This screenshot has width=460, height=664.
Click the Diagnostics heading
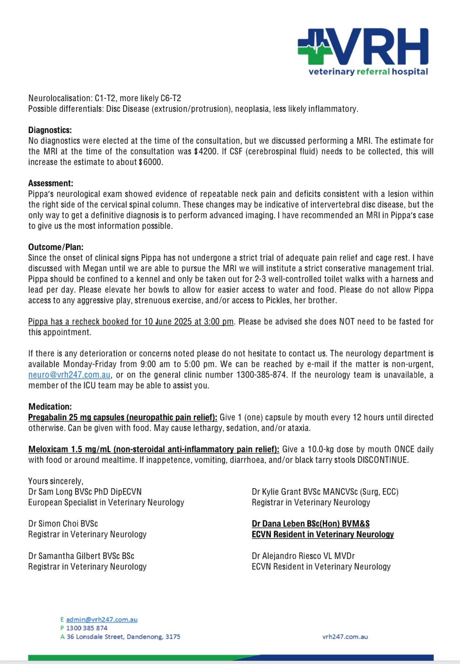point(50,130)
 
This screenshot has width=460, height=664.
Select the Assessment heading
point(50,183)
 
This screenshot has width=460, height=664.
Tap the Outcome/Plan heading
point(56,247)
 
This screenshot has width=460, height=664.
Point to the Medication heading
point(50,407)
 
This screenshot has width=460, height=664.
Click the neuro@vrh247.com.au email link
point(69,375)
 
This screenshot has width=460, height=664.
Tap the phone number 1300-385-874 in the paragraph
point(262,375)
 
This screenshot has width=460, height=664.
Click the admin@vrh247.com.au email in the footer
point(101,619)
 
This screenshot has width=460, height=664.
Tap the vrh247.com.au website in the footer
point(345,637)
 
